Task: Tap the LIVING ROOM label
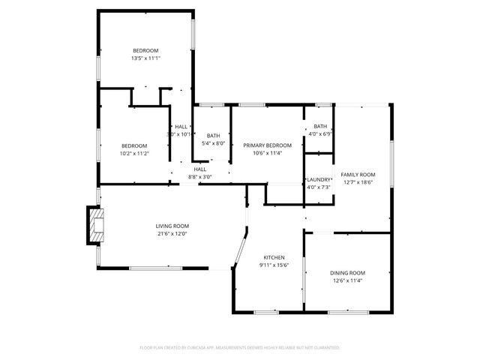pos(172,226)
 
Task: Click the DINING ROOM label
pos(347,273)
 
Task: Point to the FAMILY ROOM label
pos(358,174)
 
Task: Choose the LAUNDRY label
pos(319,180)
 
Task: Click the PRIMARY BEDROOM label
pos(267,145)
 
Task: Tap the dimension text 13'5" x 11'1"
pos(146,58)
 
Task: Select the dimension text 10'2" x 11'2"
pos(135,153)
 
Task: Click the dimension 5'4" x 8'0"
pos(214,143)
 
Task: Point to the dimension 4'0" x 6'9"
pos(320,133)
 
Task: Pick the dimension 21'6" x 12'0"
pos(172,233)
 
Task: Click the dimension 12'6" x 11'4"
pos(347,280)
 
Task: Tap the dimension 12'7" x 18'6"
pos(358,181)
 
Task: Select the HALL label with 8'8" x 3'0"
pos(200,169)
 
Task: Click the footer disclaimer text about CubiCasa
pos(240,347)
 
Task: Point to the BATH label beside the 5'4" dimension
pos(214,136)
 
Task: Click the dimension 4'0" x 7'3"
pos(319,187)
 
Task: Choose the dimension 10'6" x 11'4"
pos(267,153)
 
